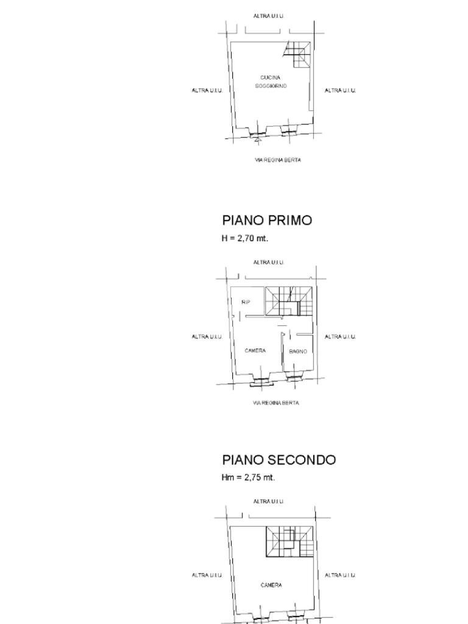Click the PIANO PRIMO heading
pyautogui.click(x=267, y=220)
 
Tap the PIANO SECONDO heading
pyautogui.click(x=278, y=459)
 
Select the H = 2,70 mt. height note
pyautogui.click(x=244, y=238)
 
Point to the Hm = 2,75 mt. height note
pyautogui.click(x=248, y=477)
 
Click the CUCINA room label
pyautogui.click(x=271, y=77)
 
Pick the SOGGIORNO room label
pyautogui.click(x=271, y=86)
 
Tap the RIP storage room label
pyautogui.click(x=246, y=302)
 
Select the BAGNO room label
pyautogui.click(x=297, y=352)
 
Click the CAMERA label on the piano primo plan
pyautogui.click(x=255, y=350)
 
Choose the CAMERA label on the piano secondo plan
pyautogui.click(x=271, y=585)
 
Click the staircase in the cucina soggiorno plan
pyautogui.click(x=298, y=54)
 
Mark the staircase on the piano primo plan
pyautogui.click(x=290, y=301)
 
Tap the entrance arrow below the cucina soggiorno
pyautogui.click(x=258, y=140)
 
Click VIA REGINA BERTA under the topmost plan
pyautogui.click(x=277, y=160)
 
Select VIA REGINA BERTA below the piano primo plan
pyautogui.click(x=276, y=403)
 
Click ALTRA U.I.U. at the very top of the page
pyautogui.click(x=269, y=16)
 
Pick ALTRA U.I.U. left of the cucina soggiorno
pyautogui.click(x=207, y=90)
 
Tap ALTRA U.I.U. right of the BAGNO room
pyautogui.click(x=340, y=336)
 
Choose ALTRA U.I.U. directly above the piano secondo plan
pyautogui.click(x=269, y=502)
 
